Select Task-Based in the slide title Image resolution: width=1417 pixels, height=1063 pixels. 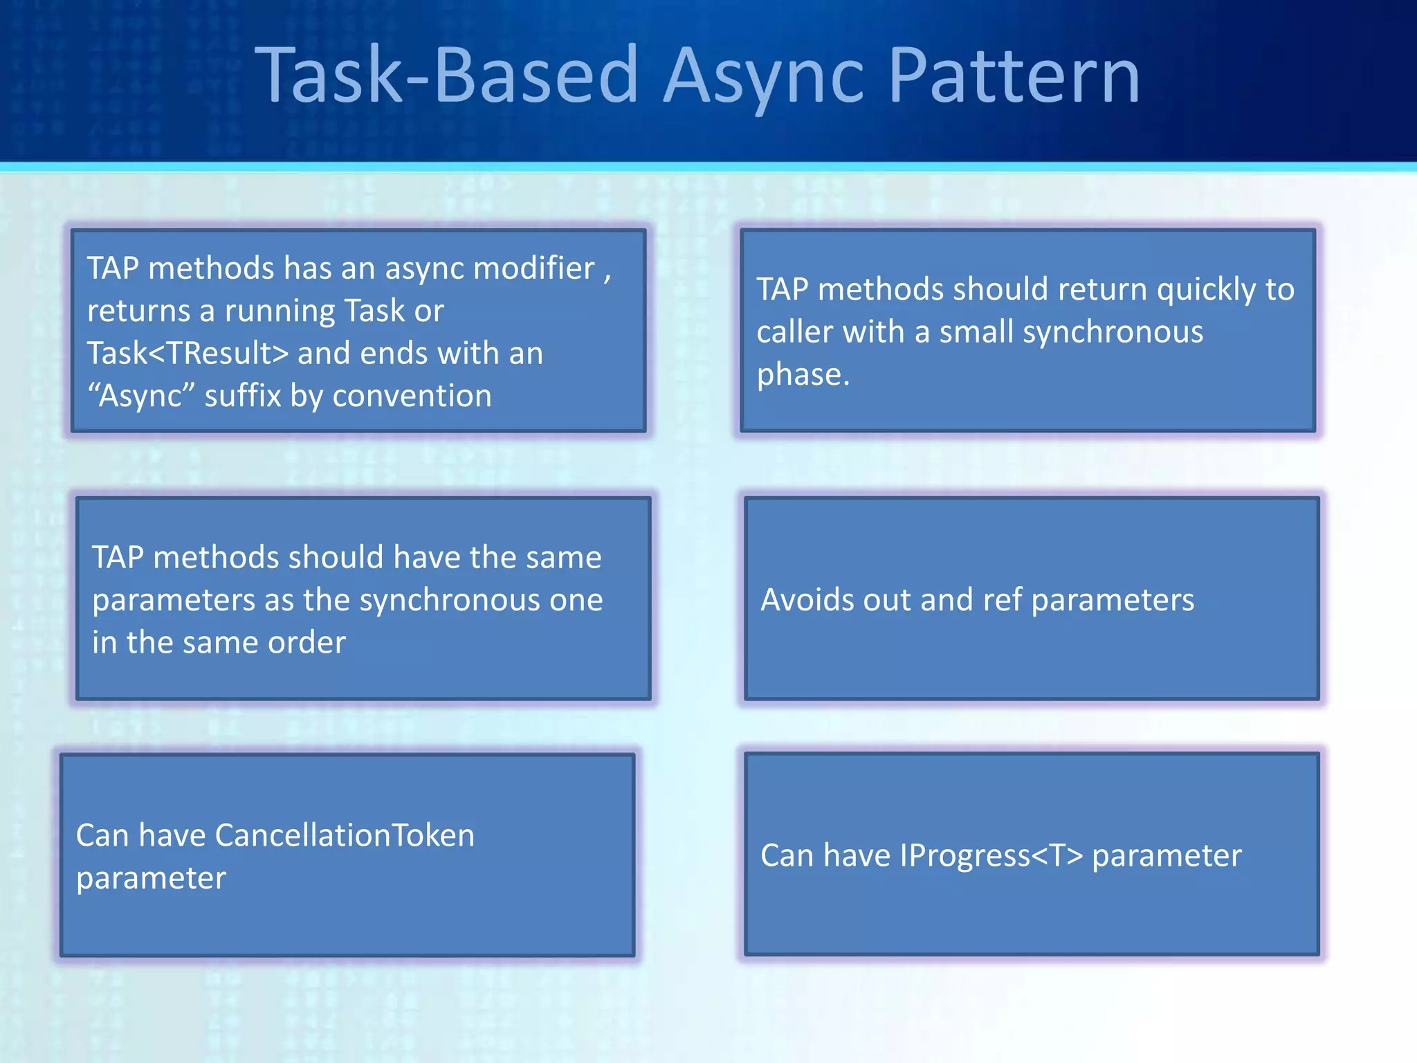(x=446, y=75)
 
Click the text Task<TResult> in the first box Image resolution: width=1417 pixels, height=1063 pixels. (x=187, y=354)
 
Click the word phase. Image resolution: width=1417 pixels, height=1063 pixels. (x=802, y=374)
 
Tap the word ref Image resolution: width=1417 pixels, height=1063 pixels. (x=1002, y=599)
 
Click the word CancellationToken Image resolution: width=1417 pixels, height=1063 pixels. (x=345, y=835)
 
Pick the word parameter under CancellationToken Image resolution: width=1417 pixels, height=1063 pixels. (x=151, y=878)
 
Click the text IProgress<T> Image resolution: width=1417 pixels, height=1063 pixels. (x=990, y=855)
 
